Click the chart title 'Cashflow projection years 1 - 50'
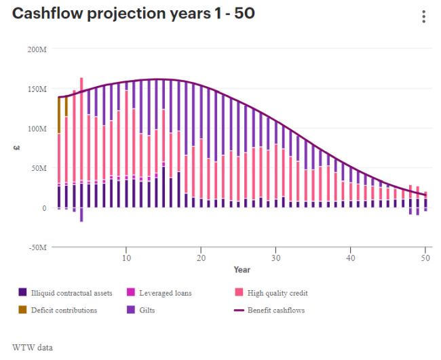134,14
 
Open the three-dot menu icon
423,17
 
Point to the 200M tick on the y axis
37,49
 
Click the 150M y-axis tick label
37,89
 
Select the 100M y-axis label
37,128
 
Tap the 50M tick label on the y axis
39,167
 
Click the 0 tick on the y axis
44,207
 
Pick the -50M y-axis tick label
37,247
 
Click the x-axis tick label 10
126,258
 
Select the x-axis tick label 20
201,258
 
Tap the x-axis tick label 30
275,258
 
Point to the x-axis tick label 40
351,258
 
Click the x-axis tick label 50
425,258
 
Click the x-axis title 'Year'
242,270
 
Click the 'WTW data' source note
32,347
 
